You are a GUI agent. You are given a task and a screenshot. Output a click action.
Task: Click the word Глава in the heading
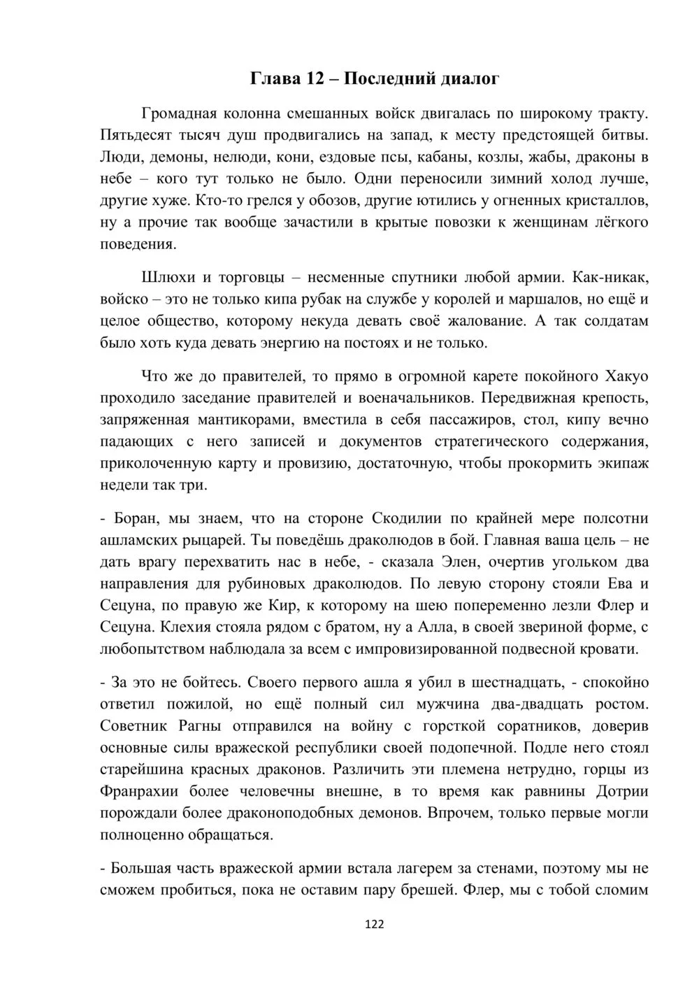click(274, 78)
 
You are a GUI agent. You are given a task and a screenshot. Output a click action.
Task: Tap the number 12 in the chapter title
click(312, 78)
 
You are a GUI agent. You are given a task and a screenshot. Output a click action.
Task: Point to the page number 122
click(375, 924)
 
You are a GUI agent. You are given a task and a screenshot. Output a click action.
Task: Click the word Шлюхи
click(166, 278)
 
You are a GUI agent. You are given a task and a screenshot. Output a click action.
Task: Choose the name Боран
click(136, 519)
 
